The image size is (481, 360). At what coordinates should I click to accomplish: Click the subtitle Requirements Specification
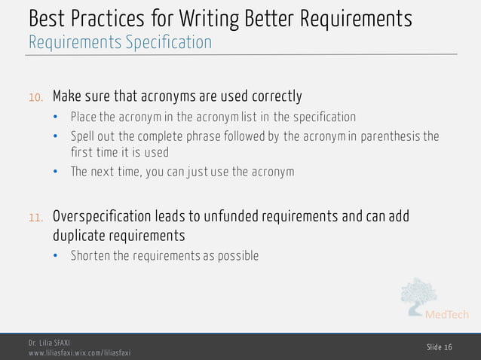click(120, 42)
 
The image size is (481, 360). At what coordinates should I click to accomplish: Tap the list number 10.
click(36, 97)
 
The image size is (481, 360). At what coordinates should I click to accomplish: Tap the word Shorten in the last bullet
click(90, 256)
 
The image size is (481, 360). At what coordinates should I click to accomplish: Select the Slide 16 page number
click(439, 346)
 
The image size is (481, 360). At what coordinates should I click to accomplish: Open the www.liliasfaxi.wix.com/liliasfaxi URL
click(80, 352)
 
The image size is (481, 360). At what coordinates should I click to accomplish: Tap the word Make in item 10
click(66, 96)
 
